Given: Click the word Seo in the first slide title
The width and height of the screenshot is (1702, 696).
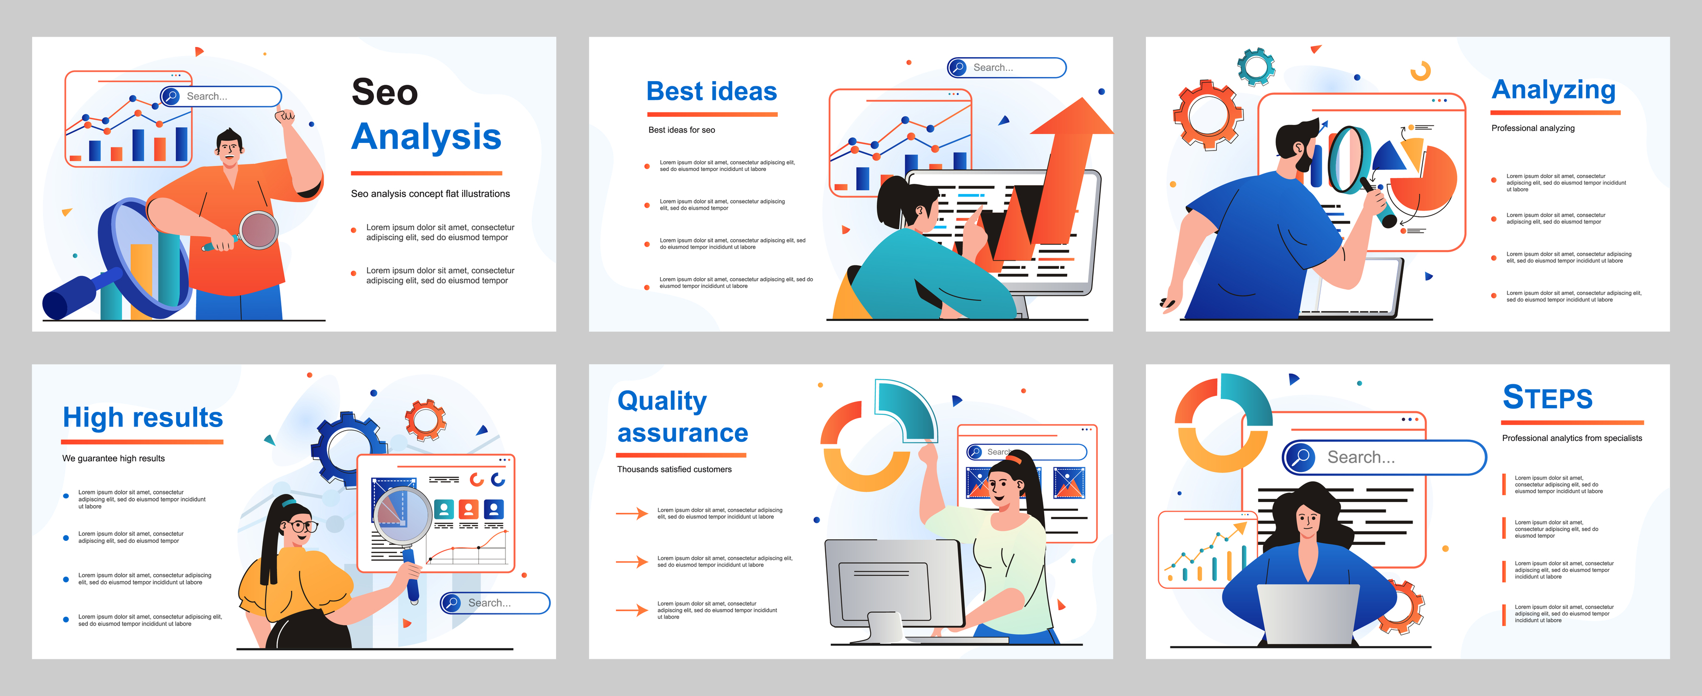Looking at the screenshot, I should (385, 92).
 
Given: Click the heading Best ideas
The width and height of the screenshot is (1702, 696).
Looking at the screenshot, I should (711, 91).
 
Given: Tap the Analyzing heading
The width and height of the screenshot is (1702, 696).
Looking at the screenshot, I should (1553, 90).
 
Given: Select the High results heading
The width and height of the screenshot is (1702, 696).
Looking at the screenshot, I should (142, 417).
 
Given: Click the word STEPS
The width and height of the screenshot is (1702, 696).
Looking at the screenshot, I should (1547, 397).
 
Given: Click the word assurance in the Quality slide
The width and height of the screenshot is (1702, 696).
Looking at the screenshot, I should (683, 433).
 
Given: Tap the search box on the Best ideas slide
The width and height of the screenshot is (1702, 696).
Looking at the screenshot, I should (1006, 67).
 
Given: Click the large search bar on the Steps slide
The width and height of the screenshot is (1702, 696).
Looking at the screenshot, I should (1384, 457).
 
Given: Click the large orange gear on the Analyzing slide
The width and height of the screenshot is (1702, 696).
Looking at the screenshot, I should (1208, 115).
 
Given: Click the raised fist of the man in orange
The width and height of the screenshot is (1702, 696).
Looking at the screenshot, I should (285, 119).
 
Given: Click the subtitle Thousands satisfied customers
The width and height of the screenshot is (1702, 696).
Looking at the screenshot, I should (674, 469).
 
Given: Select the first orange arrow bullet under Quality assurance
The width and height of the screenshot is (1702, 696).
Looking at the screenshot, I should (632, 513).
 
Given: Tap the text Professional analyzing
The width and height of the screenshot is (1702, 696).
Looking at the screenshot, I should (1533, 128).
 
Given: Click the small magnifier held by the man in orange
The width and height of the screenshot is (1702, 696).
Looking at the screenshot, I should (258, 230).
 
